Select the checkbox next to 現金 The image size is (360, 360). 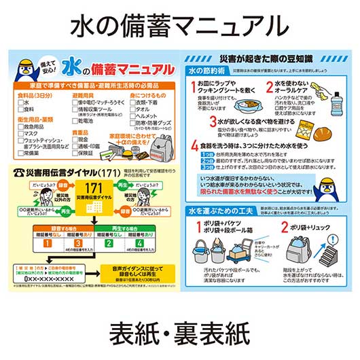pyautogui.click(x=75, y=139)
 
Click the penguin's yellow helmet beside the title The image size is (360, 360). pyautogui.click(x=29, y=64)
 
